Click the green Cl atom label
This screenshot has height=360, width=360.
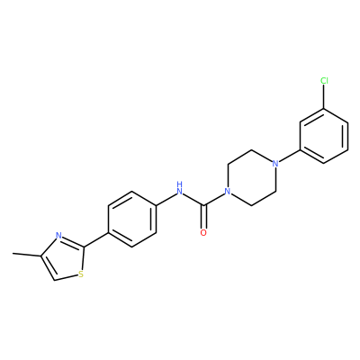(x=324, y=81)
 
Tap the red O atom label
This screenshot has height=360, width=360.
(x=203, y=233)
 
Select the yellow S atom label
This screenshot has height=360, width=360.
(x=80, y=274)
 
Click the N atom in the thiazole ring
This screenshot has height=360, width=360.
(x=59, y=235)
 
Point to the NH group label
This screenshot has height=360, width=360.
(x=180, y=188)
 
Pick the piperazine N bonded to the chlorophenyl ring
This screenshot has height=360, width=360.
(x=275, y=164)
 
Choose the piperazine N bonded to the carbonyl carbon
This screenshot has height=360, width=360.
(x=228, y=192)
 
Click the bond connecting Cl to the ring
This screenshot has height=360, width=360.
(x=324, y=96)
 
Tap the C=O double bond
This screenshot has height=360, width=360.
(x=204, y=217)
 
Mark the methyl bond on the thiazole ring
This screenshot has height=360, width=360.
(x=26, y=255)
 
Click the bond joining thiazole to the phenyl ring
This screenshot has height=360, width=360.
(x=96, y=239)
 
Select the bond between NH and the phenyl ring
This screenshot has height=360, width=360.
(x=166, y=199)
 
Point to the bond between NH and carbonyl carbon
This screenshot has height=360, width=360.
(x=193, y=200)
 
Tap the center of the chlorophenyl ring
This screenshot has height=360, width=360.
(x=324, y=136)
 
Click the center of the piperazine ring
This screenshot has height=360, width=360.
(x=252, y=177)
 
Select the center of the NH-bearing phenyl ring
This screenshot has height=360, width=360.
(x=132, y=219)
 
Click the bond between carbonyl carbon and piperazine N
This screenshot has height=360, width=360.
(x=214, y=199)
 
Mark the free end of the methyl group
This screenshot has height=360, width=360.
(x=13, y=254)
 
